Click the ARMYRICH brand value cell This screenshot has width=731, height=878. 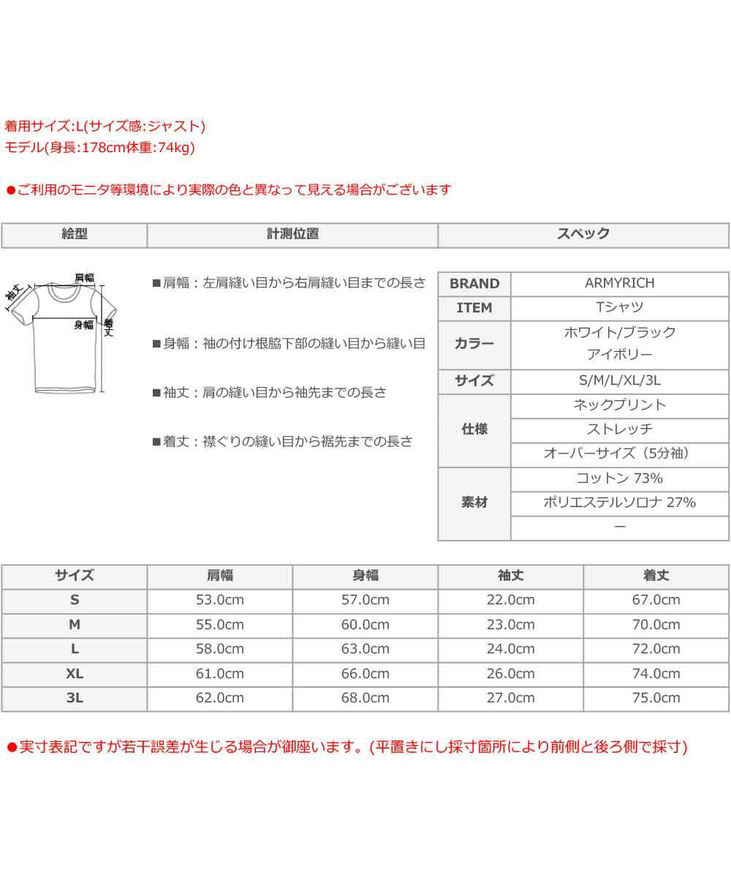pyautogui.click(x=619, y=283)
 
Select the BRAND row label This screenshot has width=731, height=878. pyautogui.click(x=474, y=284)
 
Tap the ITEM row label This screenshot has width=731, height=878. pyautogui.click(x=474, y=308)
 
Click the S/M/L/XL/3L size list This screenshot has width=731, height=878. pyautogui.click(x=619, y=380)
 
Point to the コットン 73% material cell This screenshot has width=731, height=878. pyautogui.click(x=619, y=479)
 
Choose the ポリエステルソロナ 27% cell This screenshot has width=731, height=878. pyautogui.click(x=619, y=503)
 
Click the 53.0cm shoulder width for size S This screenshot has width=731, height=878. pyautogui.click(x=219, y=600)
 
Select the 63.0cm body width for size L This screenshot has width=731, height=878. pyautogui.click(x=365, y=649)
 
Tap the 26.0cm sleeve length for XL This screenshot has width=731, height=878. pyautogui.click(x=510, y=673)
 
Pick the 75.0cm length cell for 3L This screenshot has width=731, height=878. pyautogui.click(x=656, y=698)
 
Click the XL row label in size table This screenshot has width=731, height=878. pyautogui.click(x=75, y=673)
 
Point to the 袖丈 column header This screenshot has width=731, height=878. pyautogui.click(x=510, y=576)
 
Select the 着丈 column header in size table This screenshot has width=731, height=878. pyautogui.click(x=656, y=576)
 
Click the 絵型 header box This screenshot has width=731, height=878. pyautogui.click(x=75, y=235)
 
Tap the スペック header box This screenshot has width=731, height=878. pyautogui.click(x=583, y=235)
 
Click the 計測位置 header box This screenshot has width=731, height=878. pyautogui.click(x=292, y=235)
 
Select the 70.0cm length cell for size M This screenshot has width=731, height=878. pyautogui.click(x=656, y=625)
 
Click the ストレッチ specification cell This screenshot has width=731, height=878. pyautogui.click(x=619, y=429)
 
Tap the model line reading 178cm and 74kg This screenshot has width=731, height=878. pyautogui.click(x=99, y=147)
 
